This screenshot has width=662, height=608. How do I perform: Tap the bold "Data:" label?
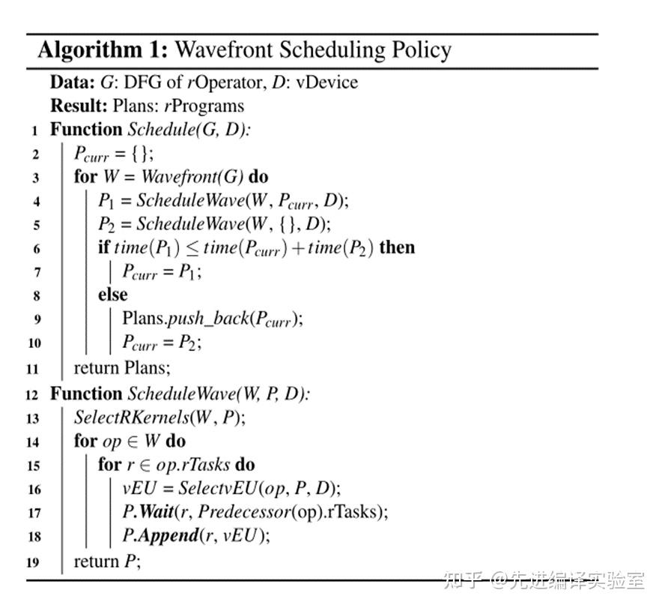coord(73,82)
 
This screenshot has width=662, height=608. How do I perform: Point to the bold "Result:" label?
coord(79,106)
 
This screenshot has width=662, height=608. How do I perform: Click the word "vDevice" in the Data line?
coord(327,82)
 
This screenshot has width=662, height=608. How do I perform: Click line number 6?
coord(36,249)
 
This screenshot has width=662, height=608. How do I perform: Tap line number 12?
coord(31,395)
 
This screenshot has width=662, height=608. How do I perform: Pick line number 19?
coord(31,562)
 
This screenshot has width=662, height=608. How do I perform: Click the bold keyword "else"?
coord(112,295)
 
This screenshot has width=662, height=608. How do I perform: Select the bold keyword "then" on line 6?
coord(397,247)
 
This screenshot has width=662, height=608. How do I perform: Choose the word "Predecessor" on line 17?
coord(240,513)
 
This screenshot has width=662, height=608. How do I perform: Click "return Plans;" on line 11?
coord(122,367)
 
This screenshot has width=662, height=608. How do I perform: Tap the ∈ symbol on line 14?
coord(135,442)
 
